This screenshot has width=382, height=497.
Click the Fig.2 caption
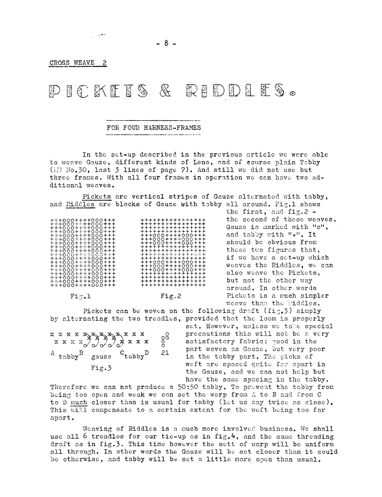click(x=171, y=296)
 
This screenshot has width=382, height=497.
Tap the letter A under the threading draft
click(x=52, y=353)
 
